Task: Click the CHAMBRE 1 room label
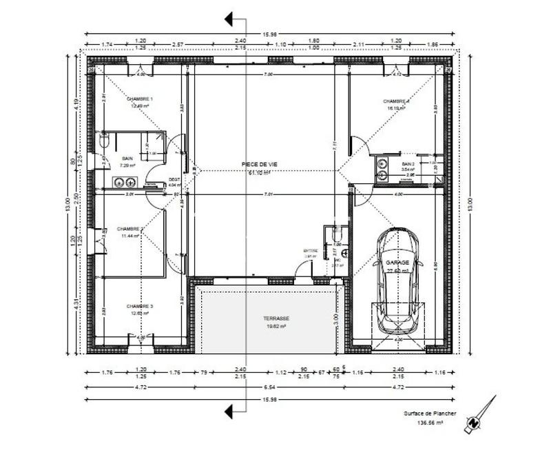(x=140, y=99)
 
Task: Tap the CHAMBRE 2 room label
(x=130, y=229)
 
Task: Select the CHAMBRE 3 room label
(x=140, y=306)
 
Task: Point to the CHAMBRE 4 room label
(x=397, y=101)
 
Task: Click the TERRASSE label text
(x=276, y=318)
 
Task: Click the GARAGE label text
(x=397, y=263)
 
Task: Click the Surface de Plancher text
(x=429, y=414)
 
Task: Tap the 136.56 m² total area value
(x=429, y=425)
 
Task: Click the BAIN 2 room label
(x=408, y=164)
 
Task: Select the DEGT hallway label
(x=174, y=180)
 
